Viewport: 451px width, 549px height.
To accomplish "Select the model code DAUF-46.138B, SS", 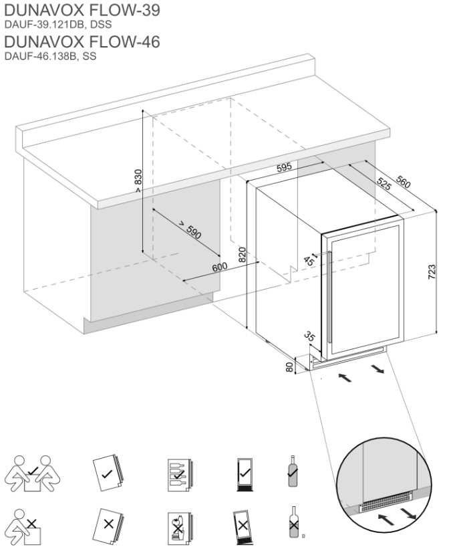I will point(50,57).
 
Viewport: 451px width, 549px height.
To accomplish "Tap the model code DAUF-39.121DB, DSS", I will point(57,25).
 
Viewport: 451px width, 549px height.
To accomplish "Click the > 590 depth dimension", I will point(190,229).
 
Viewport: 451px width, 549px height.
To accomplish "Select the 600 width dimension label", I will point(220,266).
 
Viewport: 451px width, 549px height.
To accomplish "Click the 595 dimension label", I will point(285,168).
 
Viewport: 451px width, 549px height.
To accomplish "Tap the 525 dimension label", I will point(383,185).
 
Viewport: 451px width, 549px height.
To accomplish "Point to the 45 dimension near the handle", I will point(309,260).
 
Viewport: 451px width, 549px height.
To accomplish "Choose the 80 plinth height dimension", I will point(290,367).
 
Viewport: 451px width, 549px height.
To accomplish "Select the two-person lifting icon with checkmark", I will point(32,473).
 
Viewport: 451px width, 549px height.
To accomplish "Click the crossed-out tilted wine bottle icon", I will point(292,521).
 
